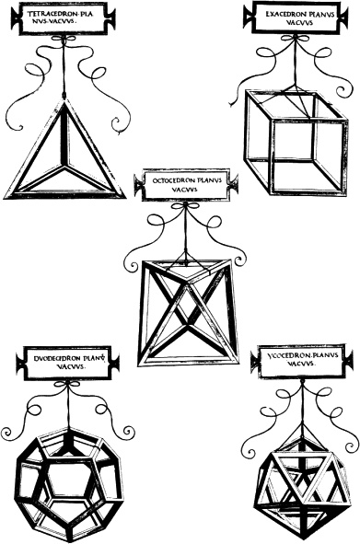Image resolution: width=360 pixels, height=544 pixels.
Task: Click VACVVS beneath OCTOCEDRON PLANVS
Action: click(x=185, y=190)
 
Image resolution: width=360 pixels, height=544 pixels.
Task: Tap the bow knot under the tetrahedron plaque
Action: click(x=63, y=39)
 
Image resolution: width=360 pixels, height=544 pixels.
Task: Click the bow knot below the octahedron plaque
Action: click(x=186, y=206)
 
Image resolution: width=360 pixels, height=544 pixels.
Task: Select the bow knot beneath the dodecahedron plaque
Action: click(x=68, y=384)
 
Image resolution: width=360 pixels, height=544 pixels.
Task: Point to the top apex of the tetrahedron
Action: click(x=64, y=99)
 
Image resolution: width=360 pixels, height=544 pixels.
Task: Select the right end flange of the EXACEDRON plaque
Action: click(x=343, y=16)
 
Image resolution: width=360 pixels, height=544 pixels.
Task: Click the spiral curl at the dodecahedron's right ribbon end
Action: click(x=129, y=432)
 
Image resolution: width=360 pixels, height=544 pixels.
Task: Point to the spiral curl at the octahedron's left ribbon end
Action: click(x=133, y=266)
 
